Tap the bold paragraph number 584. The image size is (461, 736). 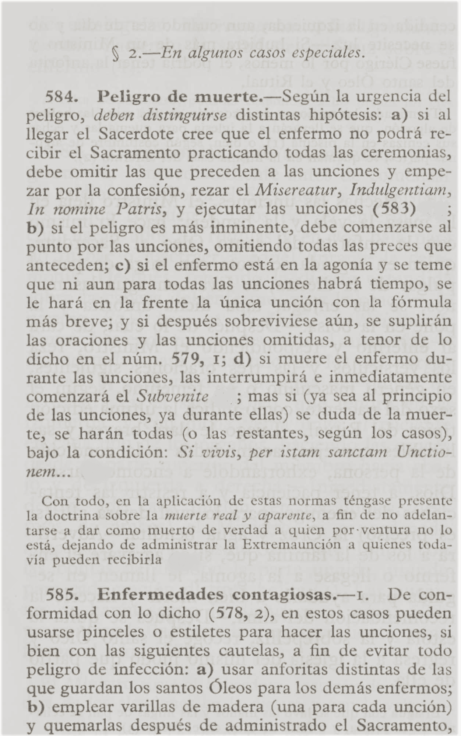(x=60, y=97)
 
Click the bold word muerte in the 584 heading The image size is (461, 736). (x=232, y=97)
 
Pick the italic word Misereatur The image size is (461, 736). (x=298, y=191)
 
